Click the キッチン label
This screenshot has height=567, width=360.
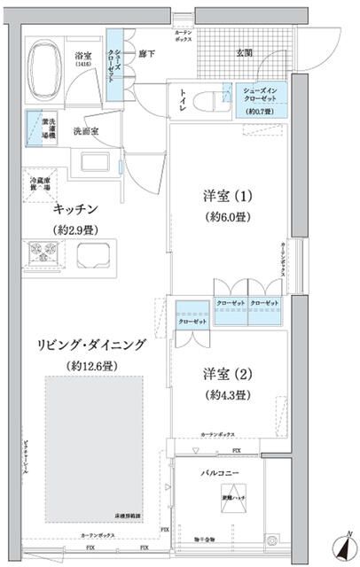click(x=74, y=210)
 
